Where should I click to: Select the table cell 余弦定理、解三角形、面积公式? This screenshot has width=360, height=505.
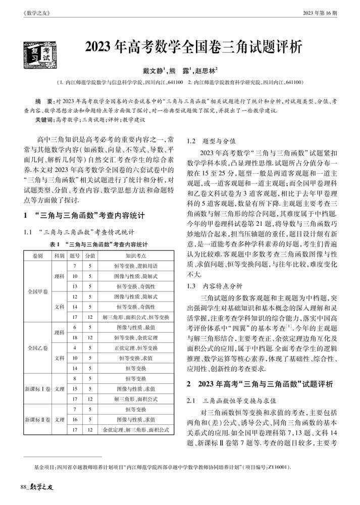pyautogui.click(x=136, y=430)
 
